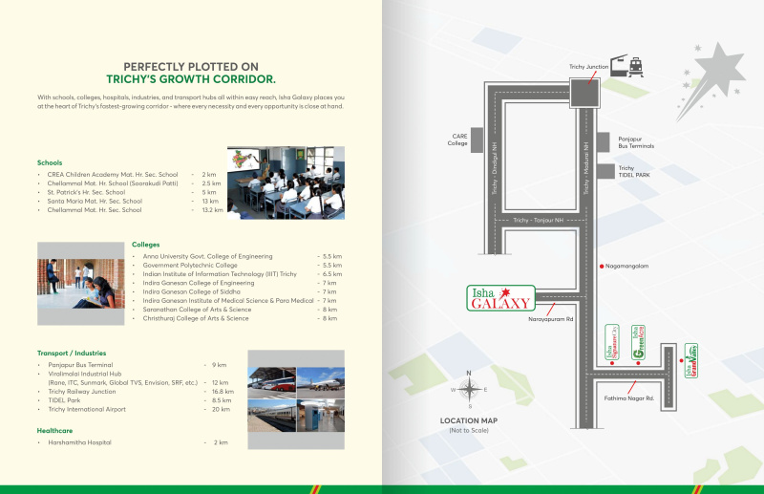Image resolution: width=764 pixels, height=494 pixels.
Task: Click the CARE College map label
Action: coord(457,140)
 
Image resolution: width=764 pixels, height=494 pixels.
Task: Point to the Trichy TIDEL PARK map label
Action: coord(639,171)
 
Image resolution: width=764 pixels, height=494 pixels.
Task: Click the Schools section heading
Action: coord(50,162)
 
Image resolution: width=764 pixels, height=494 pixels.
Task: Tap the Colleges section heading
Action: coord(146,245)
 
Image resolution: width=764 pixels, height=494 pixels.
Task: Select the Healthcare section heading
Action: coord(56,431)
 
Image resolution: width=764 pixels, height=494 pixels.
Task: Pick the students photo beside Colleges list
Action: coord(81,283)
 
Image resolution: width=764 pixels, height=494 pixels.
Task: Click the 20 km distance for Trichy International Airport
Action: coord(221,409)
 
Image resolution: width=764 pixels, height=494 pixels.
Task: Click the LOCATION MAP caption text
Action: coord(468,420)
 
